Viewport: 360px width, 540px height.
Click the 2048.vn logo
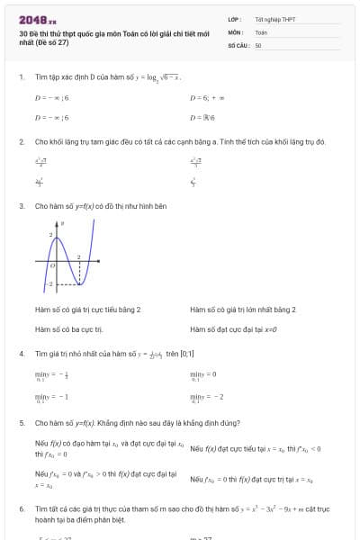click(x=37, y=19)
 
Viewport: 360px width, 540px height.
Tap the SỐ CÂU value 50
click(x=258, y=44)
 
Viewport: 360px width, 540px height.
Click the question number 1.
click(x=21, y=77)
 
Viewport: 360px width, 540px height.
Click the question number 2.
click(x=21, y=142)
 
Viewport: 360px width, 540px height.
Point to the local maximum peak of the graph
click(x=56, y=238)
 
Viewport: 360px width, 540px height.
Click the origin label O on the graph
click(x=53, y=266)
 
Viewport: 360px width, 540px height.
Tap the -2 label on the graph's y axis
click(x=50, y=283)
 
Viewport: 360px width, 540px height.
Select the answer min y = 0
click(x=203, y=374)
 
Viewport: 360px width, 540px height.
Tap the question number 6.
click(x=21, y=509)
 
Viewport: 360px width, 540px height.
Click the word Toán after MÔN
click(x=261, y=31)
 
